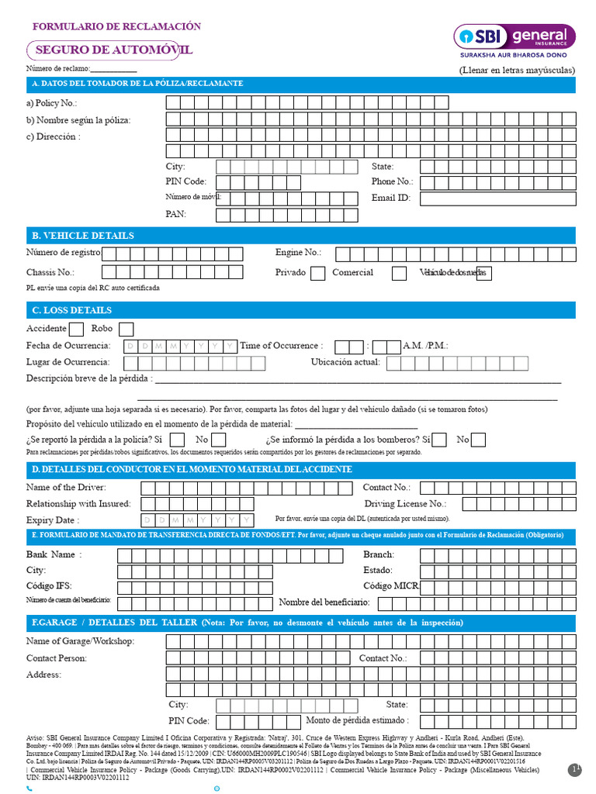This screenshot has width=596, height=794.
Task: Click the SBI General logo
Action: coord(515,40)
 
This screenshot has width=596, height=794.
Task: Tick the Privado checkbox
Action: coord(317,273)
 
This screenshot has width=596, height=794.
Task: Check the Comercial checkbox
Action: coord(399,273)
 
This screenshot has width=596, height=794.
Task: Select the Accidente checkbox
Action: coord(77,329)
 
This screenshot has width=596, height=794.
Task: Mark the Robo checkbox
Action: coord(126,329)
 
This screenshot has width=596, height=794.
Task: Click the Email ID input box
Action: coord(497,198)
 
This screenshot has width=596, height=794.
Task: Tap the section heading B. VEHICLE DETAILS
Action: coord(82,236)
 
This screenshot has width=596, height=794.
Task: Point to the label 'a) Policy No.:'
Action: coord(52,103)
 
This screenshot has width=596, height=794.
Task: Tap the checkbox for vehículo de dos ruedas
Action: coord(483,273)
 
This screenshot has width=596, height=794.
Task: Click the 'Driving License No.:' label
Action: coord(405,504)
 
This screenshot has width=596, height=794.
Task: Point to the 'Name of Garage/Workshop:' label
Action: coord(80,641)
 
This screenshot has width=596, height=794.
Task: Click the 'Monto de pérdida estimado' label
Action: coord(358,721)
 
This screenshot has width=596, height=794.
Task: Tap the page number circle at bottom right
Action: coord(575,769)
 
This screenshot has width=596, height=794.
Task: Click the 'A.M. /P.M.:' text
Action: coord(425,346)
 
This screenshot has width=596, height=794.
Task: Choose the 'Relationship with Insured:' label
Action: coord(78,504)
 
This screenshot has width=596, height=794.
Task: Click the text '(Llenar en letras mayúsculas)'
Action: coord(517,70)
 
